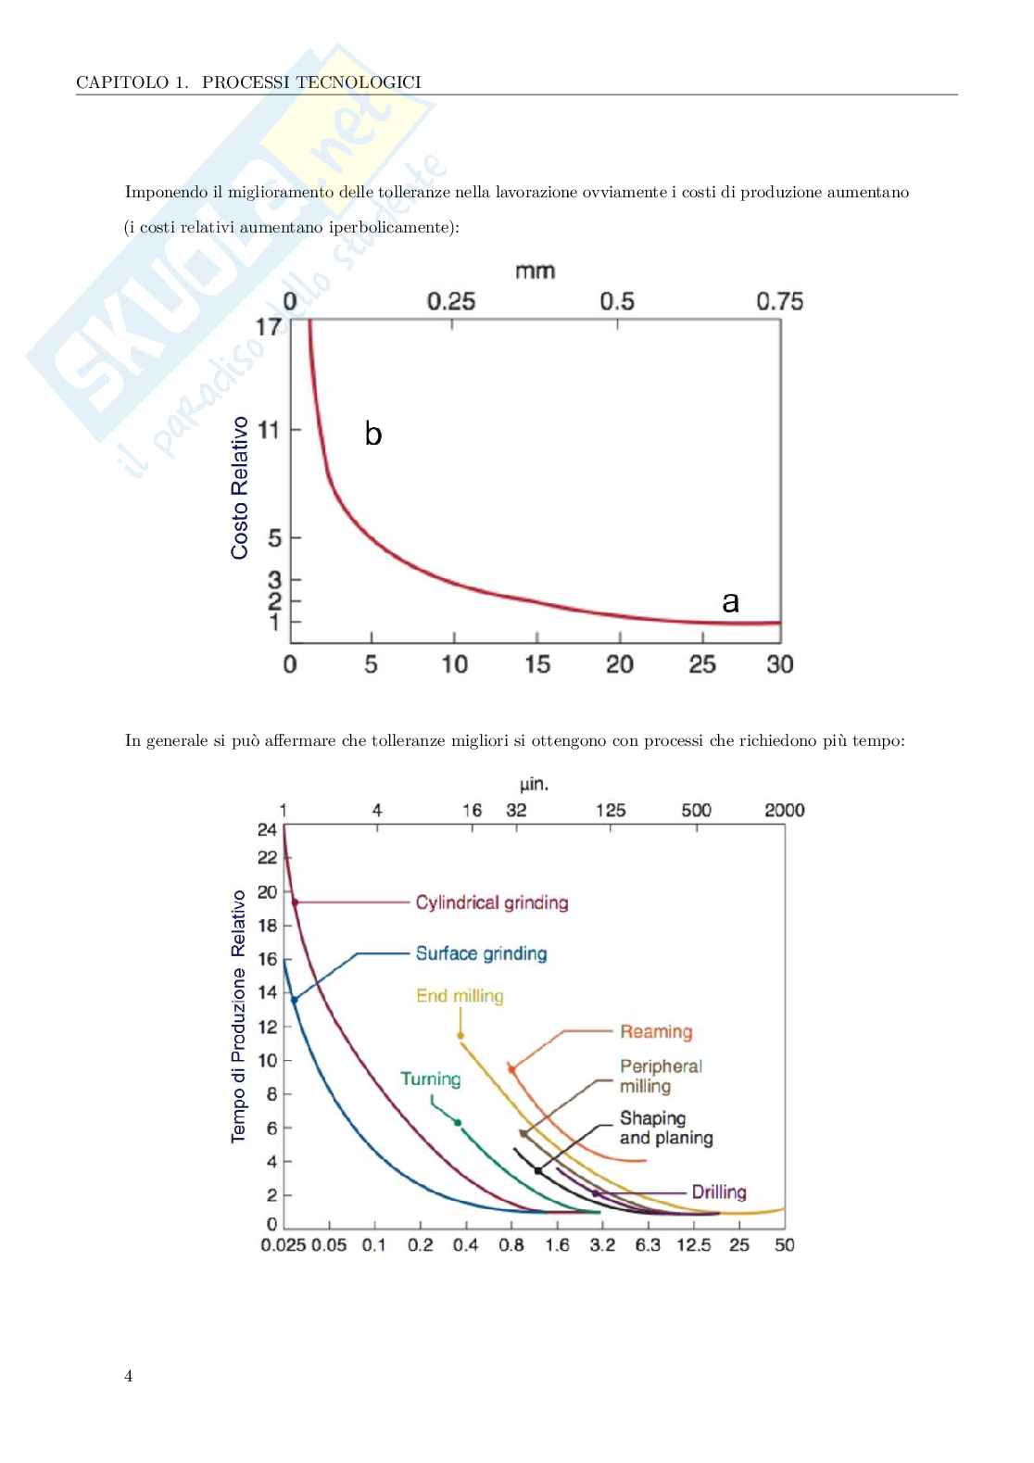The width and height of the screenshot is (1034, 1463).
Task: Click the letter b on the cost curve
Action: [373, 434]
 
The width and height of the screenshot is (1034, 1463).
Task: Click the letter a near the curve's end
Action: [730, 602]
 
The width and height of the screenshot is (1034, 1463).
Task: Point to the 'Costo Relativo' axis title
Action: [240, 487]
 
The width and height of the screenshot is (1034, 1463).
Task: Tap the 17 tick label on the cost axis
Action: [268, 327]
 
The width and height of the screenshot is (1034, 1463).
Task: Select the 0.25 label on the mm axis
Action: [451, 302]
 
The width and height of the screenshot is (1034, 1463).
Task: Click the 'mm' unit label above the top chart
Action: [535, 271]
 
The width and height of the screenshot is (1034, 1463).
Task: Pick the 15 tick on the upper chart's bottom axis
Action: [536, 664]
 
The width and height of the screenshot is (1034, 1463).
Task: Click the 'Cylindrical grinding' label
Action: [491, 902]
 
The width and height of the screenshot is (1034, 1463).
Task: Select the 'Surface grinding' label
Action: [481, 953]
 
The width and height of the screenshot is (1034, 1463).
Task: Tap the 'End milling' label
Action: [460, 996]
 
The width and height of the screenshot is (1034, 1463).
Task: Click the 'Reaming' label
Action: [656, 1032]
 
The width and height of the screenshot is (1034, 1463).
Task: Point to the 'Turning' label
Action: [431, 1079]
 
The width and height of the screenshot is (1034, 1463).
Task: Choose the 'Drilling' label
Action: [719, 1192]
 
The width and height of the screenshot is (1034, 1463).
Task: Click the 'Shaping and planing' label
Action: [665, 1129]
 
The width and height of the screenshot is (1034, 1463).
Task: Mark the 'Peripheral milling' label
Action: [660, 1077]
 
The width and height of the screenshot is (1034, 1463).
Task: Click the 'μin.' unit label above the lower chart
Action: [534, 785]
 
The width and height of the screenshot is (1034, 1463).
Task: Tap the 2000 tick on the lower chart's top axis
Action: [784, 811]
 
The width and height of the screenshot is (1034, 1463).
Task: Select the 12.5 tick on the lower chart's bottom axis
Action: [693, 1245]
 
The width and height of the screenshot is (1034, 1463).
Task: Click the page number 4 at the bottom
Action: [129, 1377]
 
